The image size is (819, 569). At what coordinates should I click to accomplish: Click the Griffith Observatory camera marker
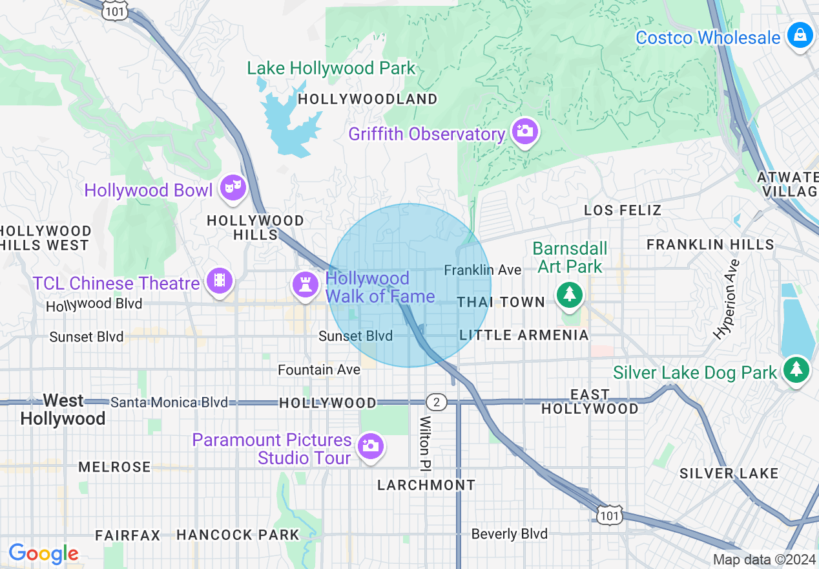[524, 132]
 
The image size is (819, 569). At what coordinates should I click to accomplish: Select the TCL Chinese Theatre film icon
[220, 281]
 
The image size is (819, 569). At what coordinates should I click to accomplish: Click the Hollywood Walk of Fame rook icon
[306, 285]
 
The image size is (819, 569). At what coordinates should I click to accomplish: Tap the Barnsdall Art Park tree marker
[569, 295]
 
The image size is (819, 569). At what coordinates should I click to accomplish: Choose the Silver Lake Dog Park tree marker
[796, 370]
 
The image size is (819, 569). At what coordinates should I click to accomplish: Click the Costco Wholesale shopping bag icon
[800, 35]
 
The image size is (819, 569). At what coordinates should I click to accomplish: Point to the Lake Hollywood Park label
[331, 69]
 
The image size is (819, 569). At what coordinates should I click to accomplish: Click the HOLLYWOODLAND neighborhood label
[368, 100]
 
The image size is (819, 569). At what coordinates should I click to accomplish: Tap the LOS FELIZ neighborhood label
[623, 210]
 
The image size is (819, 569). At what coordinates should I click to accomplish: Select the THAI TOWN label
[501, 303]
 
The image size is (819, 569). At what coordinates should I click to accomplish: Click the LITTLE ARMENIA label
[524, 335]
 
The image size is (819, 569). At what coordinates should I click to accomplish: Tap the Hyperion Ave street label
[725, 299]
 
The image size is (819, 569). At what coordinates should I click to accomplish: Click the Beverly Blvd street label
[509, 534]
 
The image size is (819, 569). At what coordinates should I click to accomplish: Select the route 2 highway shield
[437, 402]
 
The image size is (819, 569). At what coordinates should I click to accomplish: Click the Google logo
[43, 553]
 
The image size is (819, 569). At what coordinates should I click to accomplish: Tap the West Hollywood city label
[63, 410]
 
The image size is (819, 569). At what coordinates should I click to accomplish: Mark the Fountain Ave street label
[319, 370]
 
